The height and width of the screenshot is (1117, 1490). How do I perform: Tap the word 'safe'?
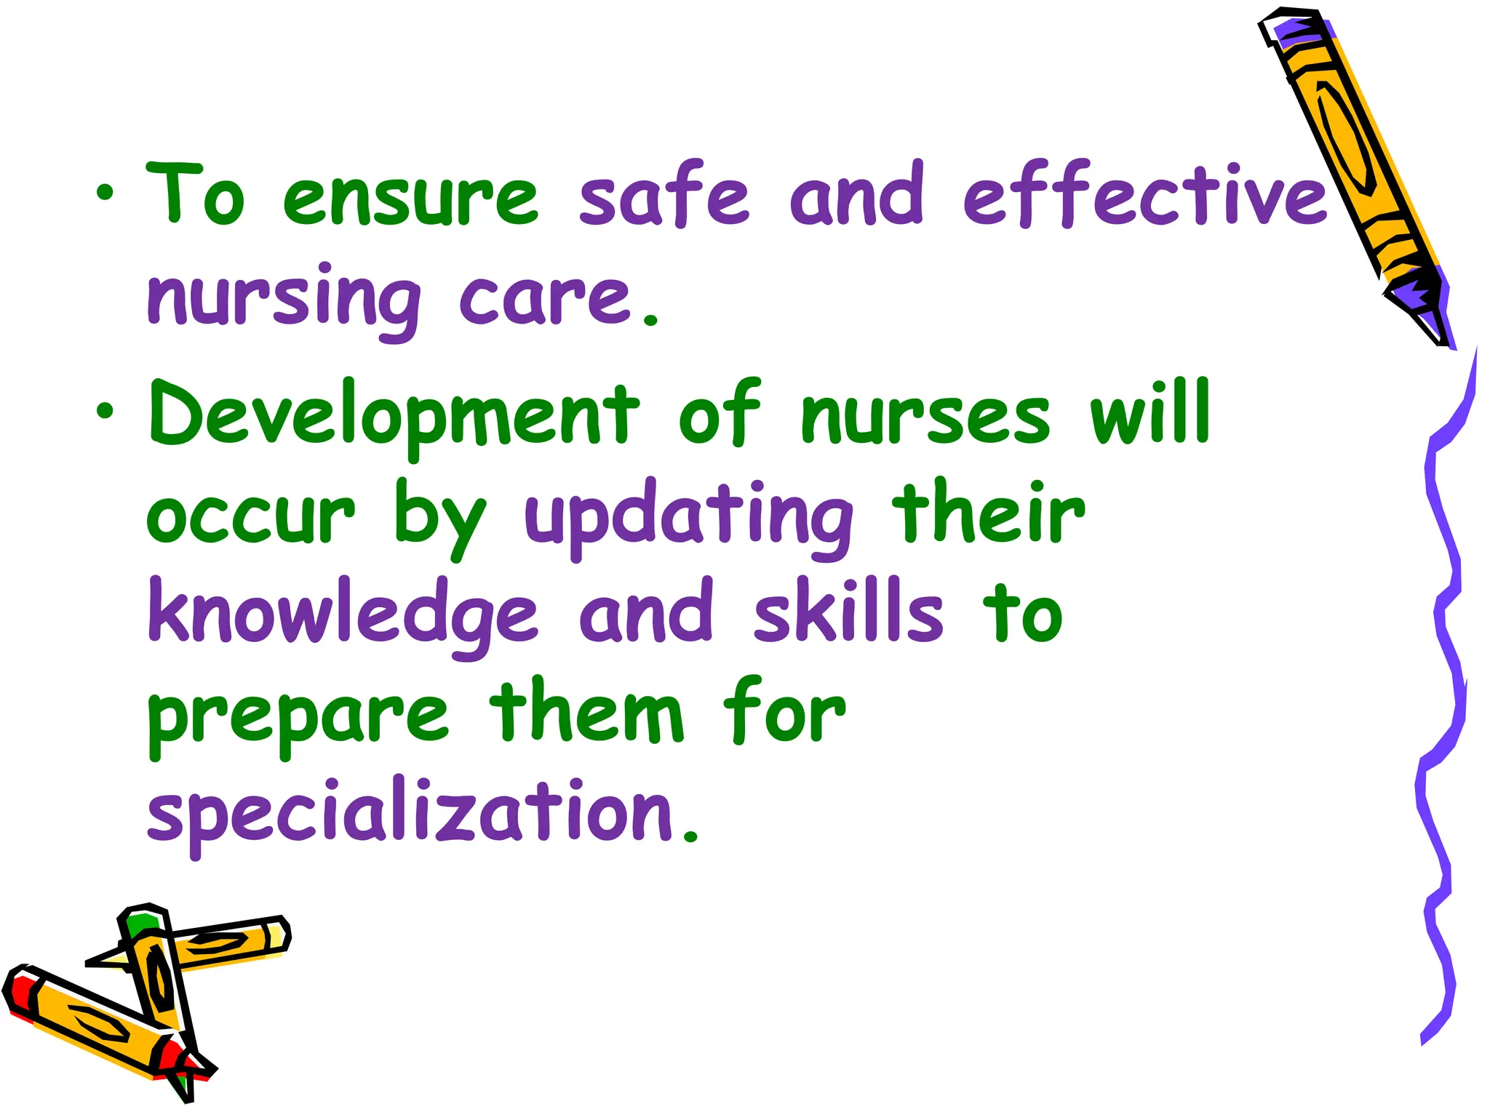click(x=664, y=195)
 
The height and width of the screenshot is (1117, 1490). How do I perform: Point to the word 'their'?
click(x=989, y=512)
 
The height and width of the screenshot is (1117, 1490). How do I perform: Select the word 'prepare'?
click(x=298, y=716)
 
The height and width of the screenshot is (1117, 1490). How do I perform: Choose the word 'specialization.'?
click(x=422, y=814)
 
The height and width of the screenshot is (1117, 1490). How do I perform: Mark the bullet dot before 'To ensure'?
click(x=105, y=193)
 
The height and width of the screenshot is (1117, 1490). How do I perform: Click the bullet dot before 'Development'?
click(x=105, y=412)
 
